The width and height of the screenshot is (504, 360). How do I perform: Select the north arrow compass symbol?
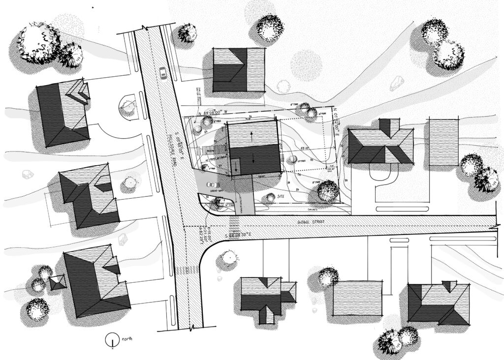tap(113, 340)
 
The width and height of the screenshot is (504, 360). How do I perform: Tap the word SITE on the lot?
tap(282, 196)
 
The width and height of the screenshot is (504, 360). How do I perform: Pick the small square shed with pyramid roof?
tap(58, 282)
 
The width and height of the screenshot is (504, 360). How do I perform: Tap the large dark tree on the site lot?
tap(327, 190)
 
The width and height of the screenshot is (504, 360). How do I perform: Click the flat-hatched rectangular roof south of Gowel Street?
tap(357, 298)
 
